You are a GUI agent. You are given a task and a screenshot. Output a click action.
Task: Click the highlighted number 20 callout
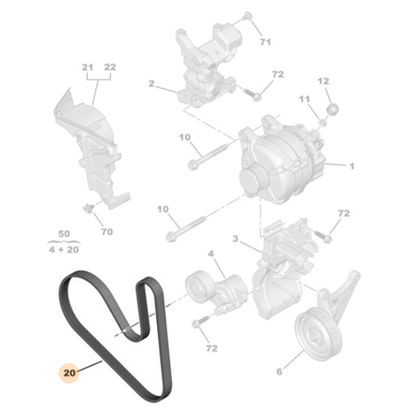[x=69, y=370]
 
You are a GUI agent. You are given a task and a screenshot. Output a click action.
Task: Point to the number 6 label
[x=278, y=372]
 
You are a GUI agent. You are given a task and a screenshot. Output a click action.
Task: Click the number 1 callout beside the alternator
[x=352, y=167]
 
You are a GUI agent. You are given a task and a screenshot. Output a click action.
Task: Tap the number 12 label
[x=323, y=81]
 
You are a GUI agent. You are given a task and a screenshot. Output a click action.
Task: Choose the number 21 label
[x=305, y=99]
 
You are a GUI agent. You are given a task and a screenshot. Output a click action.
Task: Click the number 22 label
[x=110, y=67]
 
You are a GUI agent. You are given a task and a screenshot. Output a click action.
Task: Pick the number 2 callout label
[x=152, y=83]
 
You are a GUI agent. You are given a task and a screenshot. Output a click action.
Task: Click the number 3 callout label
[x=234, y=239]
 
